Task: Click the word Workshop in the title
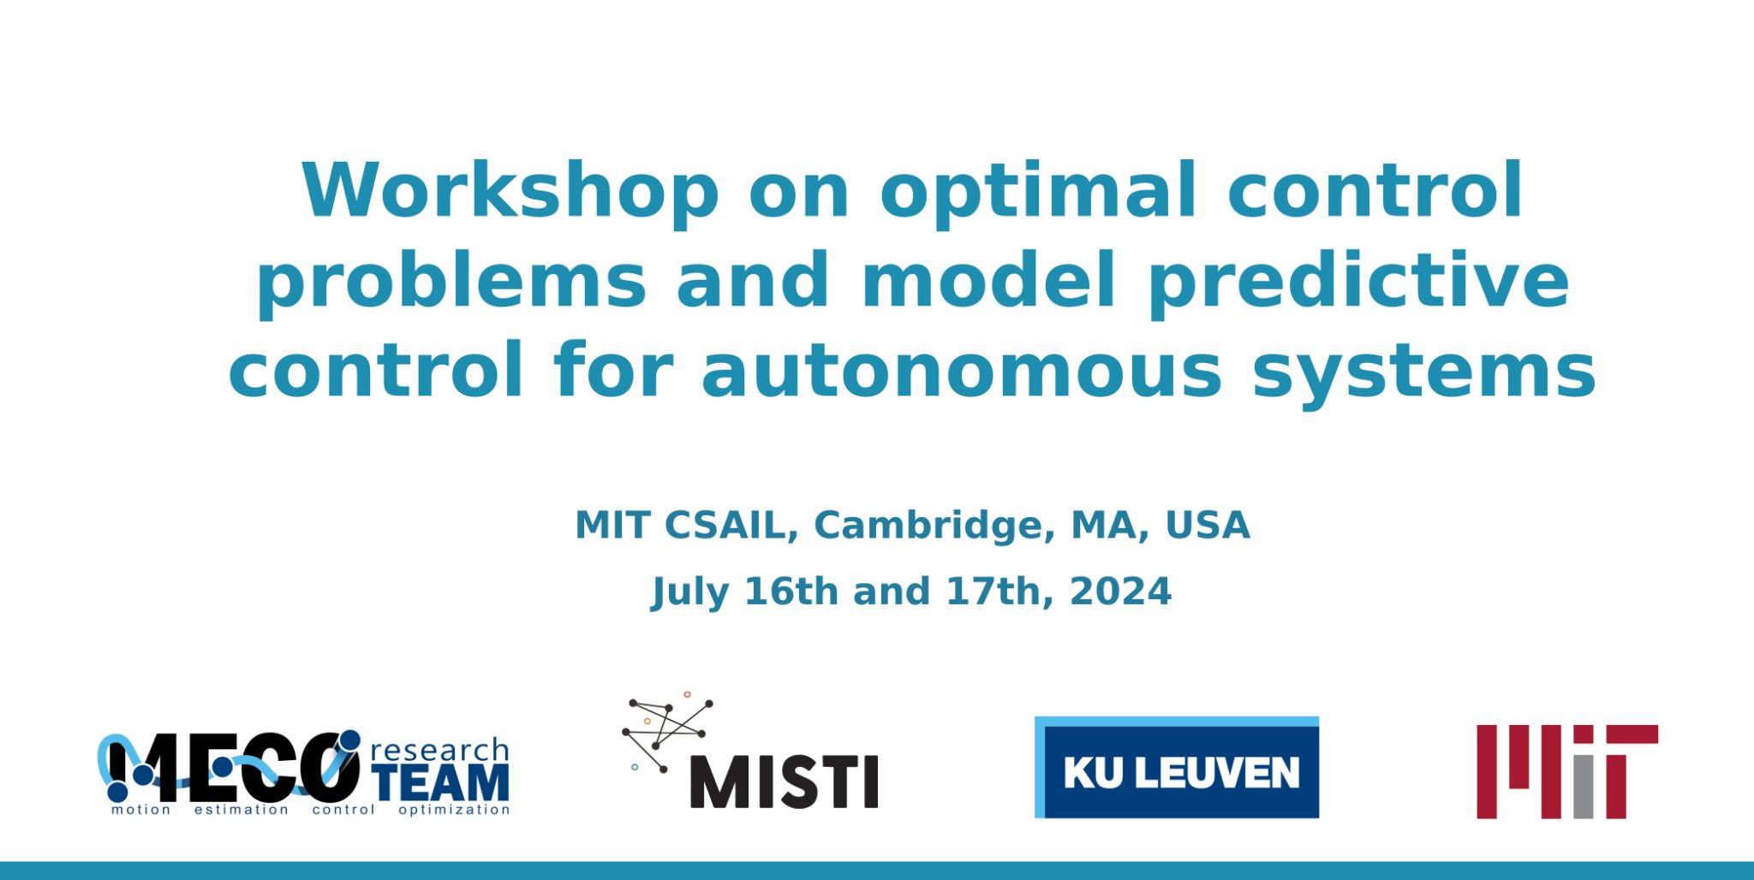point(510,190)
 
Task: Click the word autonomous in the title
point(962,372)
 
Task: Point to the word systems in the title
point(1424,373)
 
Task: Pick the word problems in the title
point(451,282)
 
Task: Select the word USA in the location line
point(1208,526)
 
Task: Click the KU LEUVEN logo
point(1177,767)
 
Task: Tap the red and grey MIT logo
point(1567,771)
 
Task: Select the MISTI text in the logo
point(784,782)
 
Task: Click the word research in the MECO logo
point(439,751)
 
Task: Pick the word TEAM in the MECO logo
point(442,783)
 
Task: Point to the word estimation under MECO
point(242,810)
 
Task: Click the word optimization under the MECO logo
point(454,810)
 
